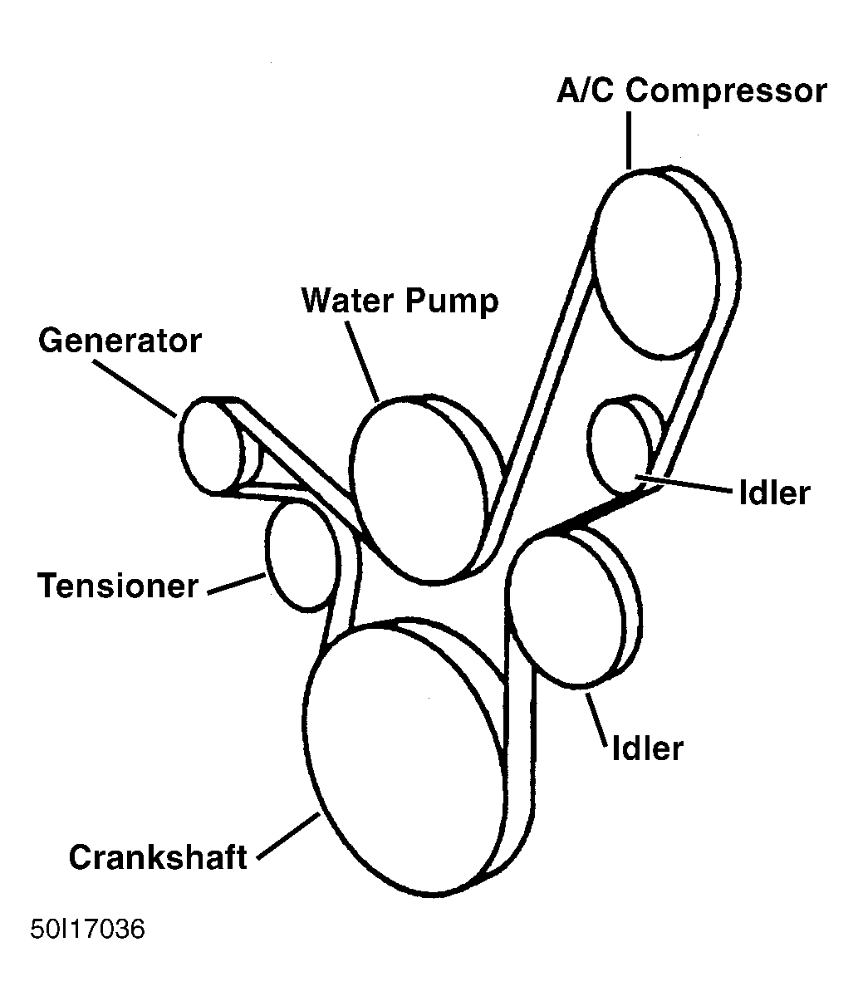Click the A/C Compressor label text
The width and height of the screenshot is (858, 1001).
click(691, 91)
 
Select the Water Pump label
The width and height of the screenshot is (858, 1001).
click(400, 300)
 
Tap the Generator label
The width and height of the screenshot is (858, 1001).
click(120, 341)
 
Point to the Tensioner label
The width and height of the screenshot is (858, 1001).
click(118, 586)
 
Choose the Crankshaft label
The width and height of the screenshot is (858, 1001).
click(158, 856)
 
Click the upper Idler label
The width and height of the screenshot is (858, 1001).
click(773, 493)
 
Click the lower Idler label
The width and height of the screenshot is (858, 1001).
click(647, 748)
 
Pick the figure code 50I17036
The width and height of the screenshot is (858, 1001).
click(88, 929)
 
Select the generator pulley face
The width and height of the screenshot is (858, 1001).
click(208, 447)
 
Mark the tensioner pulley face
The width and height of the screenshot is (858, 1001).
click(301, 555)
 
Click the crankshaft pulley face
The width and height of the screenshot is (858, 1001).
click(405, 759)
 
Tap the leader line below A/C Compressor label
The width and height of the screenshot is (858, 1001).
click(630, 140)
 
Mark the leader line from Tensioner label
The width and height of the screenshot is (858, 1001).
click(237, 584)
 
